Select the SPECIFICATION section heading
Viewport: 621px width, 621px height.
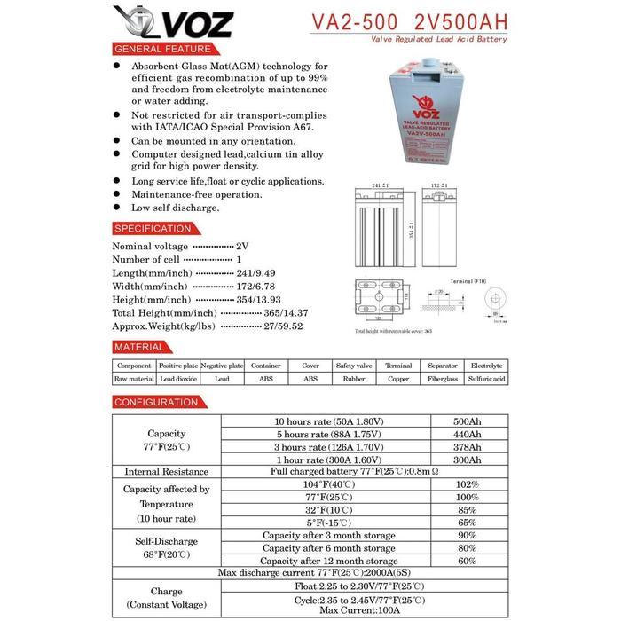(x=153, y=228)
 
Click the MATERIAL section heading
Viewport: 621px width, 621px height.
(x=140, y=347)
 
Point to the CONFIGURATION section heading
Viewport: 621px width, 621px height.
(x=156, y=402)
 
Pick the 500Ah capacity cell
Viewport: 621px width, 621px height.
(x=468, y=421)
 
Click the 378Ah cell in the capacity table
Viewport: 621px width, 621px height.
(x=468, y=447)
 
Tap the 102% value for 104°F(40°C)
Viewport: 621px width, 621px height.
(x=468, y=485)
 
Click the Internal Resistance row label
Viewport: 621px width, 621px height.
(x=167, y=472)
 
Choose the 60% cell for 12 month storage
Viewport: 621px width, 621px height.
(x=468, y=561)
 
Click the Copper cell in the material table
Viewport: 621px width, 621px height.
(x=398, y=378)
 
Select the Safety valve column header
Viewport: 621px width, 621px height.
(x=353, y=366)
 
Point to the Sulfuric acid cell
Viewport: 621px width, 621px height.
(x=487, y=378)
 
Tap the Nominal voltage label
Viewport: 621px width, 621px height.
(x=150, y=246)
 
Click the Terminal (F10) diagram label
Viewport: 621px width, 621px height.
(x=469, y=280)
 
